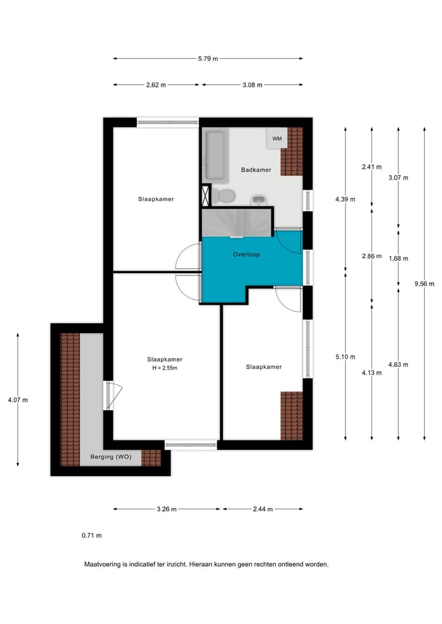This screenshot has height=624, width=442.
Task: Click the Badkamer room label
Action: coord(256,170)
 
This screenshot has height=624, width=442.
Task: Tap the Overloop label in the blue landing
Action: coord(246,254)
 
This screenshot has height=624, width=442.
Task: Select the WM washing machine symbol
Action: coord(277,139)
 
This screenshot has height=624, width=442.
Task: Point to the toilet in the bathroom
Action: coord(225,196)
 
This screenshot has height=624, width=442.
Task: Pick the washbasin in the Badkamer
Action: coord(259,199)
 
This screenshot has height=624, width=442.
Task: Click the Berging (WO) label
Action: coord(110,458)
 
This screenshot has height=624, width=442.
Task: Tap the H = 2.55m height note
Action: coord(165,368)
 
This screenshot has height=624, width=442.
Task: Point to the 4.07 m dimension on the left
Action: coord(18,399)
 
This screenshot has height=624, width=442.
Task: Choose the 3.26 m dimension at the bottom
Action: coord(166,509)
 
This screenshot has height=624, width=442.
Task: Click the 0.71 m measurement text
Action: coord(91,536)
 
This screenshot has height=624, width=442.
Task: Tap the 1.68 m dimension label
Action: coord(398,258)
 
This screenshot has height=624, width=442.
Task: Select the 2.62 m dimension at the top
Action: coord(156,85)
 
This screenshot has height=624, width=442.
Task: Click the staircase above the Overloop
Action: coord(238,222)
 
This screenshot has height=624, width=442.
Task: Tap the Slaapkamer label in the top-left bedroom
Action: coord(156,199)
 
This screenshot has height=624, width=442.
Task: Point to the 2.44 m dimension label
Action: coord(263,509)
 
